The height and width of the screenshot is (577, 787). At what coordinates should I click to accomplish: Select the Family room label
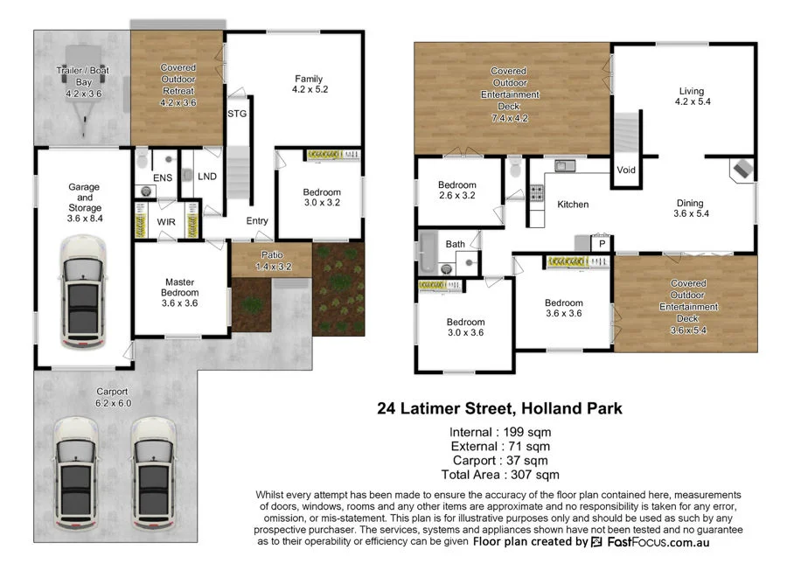309,83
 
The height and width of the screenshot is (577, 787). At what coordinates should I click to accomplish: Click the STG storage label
236,114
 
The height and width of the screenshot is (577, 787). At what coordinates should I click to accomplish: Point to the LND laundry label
207,177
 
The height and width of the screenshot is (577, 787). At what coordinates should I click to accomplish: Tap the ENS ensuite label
163,177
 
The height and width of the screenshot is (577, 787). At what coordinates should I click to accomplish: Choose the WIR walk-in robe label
166,222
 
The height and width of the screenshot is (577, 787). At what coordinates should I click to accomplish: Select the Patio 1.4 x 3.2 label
270,261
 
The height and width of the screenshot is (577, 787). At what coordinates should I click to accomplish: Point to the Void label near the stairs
626,170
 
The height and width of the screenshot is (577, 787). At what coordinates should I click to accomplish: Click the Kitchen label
573,205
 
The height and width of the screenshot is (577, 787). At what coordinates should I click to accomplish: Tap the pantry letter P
602,244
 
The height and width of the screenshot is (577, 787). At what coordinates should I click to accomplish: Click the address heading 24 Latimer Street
499,407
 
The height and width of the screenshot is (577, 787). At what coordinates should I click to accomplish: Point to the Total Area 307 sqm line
499,475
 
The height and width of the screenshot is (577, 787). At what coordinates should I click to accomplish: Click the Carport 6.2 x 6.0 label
113,398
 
